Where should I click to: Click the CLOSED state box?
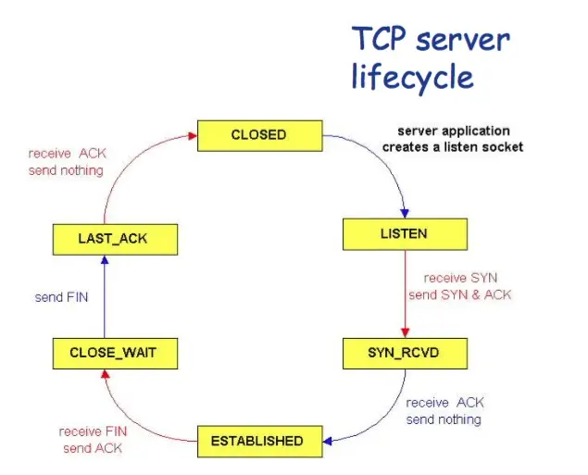(260, 136)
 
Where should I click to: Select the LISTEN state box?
(405, 234)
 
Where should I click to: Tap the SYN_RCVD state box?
(405, 354)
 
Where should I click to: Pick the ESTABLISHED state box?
(260, 442)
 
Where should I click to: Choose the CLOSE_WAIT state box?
(115, 354)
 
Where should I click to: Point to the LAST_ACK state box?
(115, 240)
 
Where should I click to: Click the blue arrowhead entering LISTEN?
(405, 213)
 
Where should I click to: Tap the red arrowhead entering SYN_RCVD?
(405, 332)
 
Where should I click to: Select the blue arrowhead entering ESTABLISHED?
(328, 442)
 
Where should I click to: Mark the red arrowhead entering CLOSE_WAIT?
(106, 374)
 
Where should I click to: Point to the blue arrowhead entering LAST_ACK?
(105, 260)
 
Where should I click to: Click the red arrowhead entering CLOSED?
(193, 136)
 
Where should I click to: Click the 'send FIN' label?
(61, 297)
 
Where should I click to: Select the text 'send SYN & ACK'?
(460, 294)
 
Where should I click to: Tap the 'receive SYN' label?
(460, 278)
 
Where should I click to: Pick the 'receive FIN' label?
(93, 431)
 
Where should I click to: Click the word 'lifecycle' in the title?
(412, 77)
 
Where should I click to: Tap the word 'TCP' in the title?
(380, 38)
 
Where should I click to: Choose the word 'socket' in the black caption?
(503, 147)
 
